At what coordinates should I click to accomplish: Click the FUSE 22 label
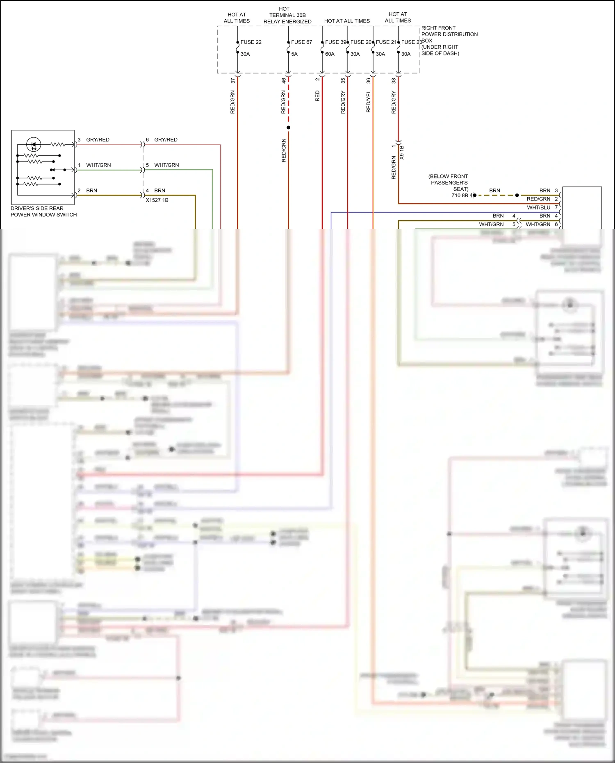tap(251, 42)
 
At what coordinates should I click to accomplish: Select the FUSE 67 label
tap(301, 42)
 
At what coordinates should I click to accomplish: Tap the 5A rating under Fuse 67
tap(294, 54)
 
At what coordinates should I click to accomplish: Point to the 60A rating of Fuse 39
tap(330, 54)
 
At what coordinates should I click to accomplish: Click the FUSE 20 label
tap(361, 42)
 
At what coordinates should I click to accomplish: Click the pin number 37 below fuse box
tap(233, 81)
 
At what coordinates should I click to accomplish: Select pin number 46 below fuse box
tap(284, 81)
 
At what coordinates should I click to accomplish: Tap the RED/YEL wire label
tap(368, 102)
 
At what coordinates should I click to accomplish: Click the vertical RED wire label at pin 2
tap(317, 96)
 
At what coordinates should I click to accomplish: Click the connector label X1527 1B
tap(157, 200)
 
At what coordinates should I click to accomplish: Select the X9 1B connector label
tap(402, 153)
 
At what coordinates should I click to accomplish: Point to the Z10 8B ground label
tap(460, 196)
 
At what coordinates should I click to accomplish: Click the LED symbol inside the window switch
tap(34, 144)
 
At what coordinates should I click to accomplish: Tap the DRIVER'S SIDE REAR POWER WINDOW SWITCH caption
tap(43, 212)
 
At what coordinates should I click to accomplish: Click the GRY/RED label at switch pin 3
tap(98, 140)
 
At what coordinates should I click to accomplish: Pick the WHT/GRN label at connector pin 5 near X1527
tap(166, 165)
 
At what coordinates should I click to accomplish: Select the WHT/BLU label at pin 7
tap(538, 207)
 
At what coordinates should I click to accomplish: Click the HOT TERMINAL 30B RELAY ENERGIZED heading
tap(287, 15)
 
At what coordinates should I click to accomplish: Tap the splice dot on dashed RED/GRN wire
tap(288, 128)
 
